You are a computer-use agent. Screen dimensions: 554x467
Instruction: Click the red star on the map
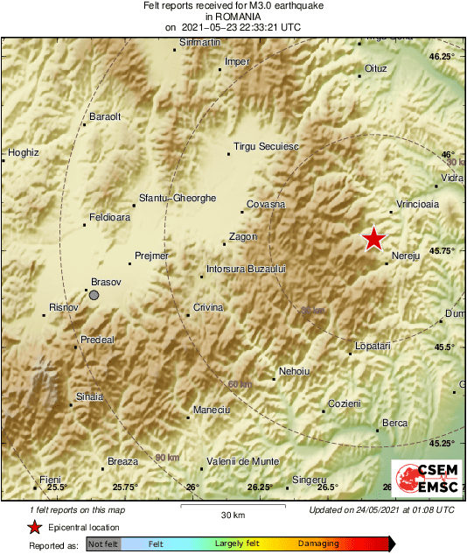pos(374,238)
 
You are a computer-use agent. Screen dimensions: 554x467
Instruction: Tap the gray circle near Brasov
pos(94,296)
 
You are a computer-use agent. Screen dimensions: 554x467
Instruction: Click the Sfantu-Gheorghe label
pos(178,199)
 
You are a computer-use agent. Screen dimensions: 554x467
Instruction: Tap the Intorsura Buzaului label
pos(246,269)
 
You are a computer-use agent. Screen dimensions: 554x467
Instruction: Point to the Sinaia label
pos(90,396)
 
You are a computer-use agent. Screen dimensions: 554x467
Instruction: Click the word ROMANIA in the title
pos(233,16)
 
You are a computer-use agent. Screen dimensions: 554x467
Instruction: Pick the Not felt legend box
pos(103,543)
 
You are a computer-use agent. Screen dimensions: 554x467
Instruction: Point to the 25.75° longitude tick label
pos(125,487)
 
